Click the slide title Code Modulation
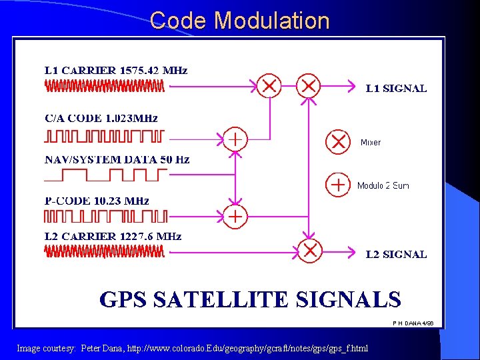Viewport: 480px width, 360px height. [240, 21]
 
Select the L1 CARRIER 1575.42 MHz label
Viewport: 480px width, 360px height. [116, 70]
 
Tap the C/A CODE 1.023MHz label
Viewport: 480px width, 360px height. [101, 119]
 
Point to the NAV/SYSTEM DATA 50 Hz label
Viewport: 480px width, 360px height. [117, 160]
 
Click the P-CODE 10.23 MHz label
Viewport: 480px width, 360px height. [97, 201]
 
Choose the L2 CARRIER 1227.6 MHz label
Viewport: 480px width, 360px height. [113, 237]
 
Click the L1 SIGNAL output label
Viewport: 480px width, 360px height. [397, 88]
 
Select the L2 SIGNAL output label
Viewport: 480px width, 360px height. [397, 254]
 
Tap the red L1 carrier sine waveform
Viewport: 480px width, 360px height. [105, 86]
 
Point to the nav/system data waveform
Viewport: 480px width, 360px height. [106, 175]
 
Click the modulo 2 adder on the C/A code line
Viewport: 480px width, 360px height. [235, 139]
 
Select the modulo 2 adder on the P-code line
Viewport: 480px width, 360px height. [235, 216]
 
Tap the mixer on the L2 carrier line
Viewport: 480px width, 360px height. [310, 251]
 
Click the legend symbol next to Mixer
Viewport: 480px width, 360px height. [338, 142]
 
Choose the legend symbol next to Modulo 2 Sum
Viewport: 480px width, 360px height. [338, 185]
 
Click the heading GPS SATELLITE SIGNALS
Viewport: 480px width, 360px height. [250, 299]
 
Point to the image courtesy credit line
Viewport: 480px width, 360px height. [192, 349]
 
